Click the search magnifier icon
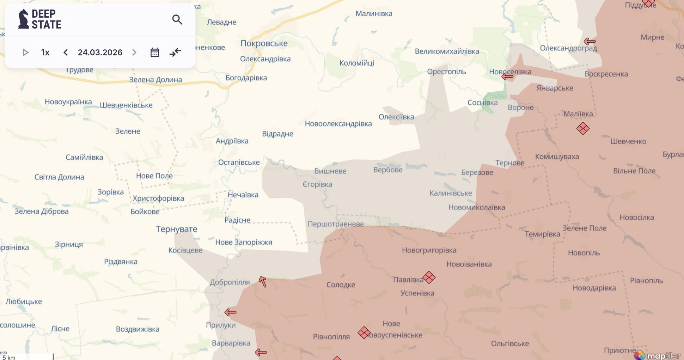(x=177, y=19)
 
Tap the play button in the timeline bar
(x=25, y=53)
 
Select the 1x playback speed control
(x=45, y=53)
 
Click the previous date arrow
(x=66, y=53)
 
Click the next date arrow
(x=134, y=53)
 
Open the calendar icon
(x=155, y=53)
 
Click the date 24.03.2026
(x=100, y=53)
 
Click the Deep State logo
(x=40, y=19)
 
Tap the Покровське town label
(x=264, y=43)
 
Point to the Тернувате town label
(x=176, y=229)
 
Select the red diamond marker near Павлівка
(x=429, y=277)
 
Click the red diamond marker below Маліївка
(x=583, y=128)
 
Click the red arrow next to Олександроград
(x=590, y=42)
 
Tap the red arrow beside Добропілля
(x=263, y=282)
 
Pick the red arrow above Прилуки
(x=230, y=312)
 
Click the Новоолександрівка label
(x=338, y=124)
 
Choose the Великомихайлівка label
(x=447, y=51)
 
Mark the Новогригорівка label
(x=429, y=250)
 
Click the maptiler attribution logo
(x=657, y=355)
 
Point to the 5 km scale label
(x=9, y=358)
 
